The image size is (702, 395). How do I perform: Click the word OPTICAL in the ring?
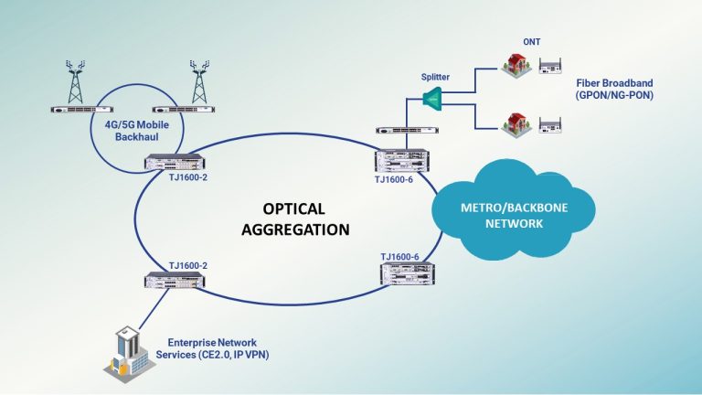[x=295, y=208]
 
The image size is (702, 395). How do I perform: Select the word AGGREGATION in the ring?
[x=295, y=230]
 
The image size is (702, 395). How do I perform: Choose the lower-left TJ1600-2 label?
[x=187, y=265]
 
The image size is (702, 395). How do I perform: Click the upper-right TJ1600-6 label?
[x=393, y=180]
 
